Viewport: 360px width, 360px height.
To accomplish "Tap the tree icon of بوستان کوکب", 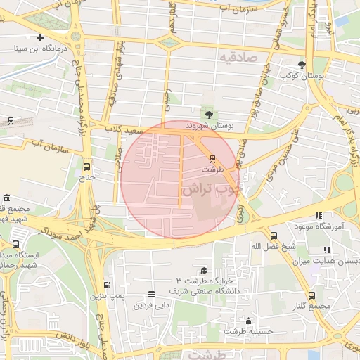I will click(x=302, y=64).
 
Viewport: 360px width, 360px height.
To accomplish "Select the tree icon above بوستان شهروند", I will click(x=208, y=115).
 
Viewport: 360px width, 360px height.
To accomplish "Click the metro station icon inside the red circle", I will click(x=214, y=157).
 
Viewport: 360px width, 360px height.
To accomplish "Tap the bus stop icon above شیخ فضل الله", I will click(x=274, y=236).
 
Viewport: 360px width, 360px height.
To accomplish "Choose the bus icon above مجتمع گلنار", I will click(x=311, y=296).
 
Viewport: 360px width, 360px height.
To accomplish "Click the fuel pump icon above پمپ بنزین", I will click(x=107, y=285).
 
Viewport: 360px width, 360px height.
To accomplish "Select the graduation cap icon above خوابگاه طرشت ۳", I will click(x=204, y=271).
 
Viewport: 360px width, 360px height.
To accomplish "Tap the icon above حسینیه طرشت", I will click(x=248, y=321).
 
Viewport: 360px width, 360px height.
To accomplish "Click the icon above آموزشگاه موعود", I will click(x=319, y=215).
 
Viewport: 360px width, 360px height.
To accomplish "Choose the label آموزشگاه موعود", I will click(x=335, y=226).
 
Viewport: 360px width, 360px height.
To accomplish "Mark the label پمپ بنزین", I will click(x=108, y=297).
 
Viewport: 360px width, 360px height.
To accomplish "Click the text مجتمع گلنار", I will click(x=311, y=307).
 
